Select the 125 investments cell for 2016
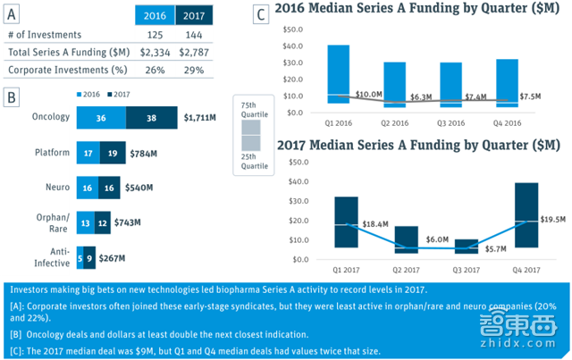click(x=154, y=35)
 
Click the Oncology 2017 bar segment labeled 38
click(x=151, y=117)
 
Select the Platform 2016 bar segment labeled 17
click(x=88, y=153)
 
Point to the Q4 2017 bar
click(x=526, y=214)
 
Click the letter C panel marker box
click(x=260, y=14)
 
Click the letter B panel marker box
click(x=11, y=96)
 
